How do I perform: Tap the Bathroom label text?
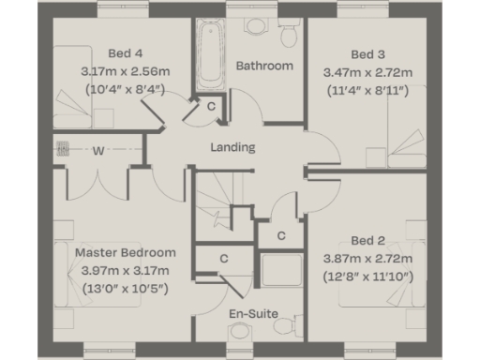(x=264, y=66)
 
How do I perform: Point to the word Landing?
(x=232, y=147)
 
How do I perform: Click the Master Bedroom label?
(x=125, y=253)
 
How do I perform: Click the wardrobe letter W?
(x=97, y=150)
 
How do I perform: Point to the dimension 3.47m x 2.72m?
(x=367, y=71)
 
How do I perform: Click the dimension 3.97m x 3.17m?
(x=125, y=270)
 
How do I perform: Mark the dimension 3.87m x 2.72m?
(x=367, y=258)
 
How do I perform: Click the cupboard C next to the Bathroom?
(x=212, y=107)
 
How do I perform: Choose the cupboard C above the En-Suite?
(x=225, y=258)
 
